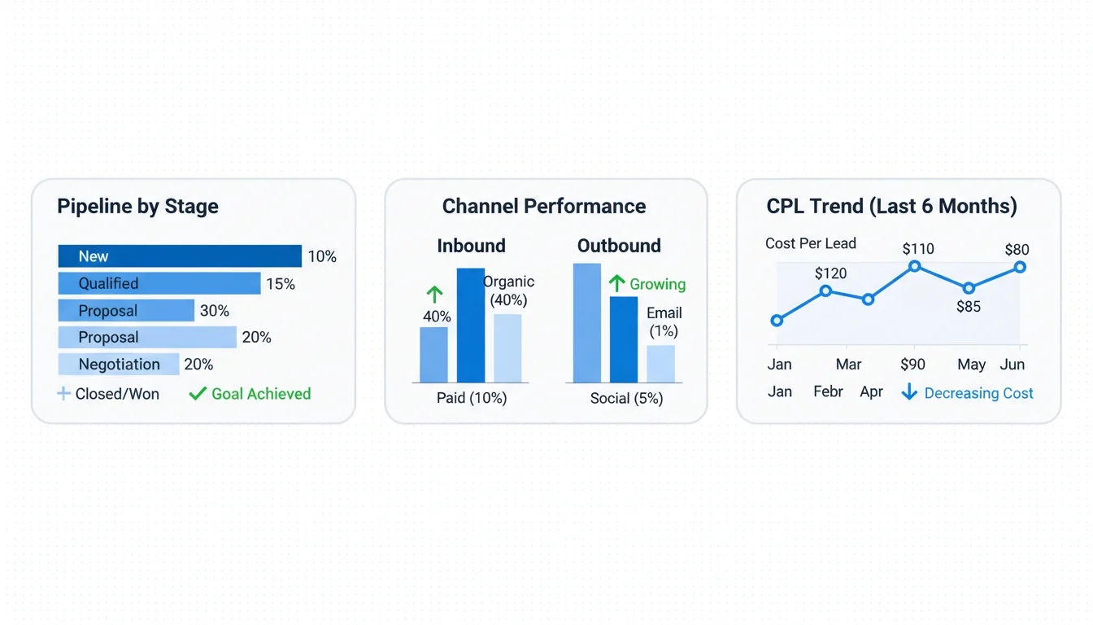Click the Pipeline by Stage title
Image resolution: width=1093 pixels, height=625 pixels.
pos(137,206)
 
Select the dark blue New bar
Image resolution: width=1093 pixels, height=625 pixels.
pos(179,256)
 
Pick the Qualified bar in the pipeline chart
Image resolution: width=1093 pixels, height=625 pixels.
pos(159,283)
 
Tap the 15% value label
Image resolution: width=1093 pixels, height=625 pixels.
pos(281,284)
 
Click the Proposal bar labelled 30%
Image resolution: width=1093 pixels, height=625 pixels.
pos(126,311)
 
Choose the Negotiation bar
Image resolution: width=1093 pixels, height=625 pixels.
pos(119,365)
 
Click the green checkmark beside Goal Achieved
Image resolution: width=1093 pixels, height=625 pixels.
pos(197,394)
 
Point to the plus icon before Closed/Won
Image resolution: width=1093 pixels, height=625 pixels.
pos(63,394)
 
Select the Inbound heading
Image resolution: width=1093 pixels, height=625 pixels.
pos(471,246)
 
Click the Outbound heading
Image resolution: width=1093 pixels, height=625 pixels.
pos(619,246)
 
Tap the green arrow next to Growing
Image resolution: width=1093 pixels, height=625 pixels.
pos(617,283)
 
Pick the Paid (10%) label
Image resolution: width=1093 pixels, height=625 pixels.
pos(472,398)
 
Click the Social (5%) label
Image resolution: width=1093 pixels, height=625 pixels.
pos(626,398)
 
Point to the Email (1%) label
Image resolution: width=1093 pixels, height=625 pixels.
pos(664,322)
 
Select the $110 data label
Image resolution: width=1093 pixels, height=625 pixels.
pos(918,249)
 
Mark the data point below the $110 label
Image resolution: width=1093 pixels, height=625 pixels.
pos(915,266)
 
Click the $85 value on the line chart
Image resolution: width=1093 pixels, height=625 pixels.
pos(969,307)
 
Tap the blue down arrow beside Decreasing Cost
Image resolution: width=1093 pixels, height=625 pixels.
pos(909,393)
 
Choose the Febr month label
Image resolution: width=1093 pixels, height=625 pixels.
pos(828,391)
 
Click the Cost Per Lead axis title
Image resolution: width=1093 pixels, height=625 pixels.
pos(810,243)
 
